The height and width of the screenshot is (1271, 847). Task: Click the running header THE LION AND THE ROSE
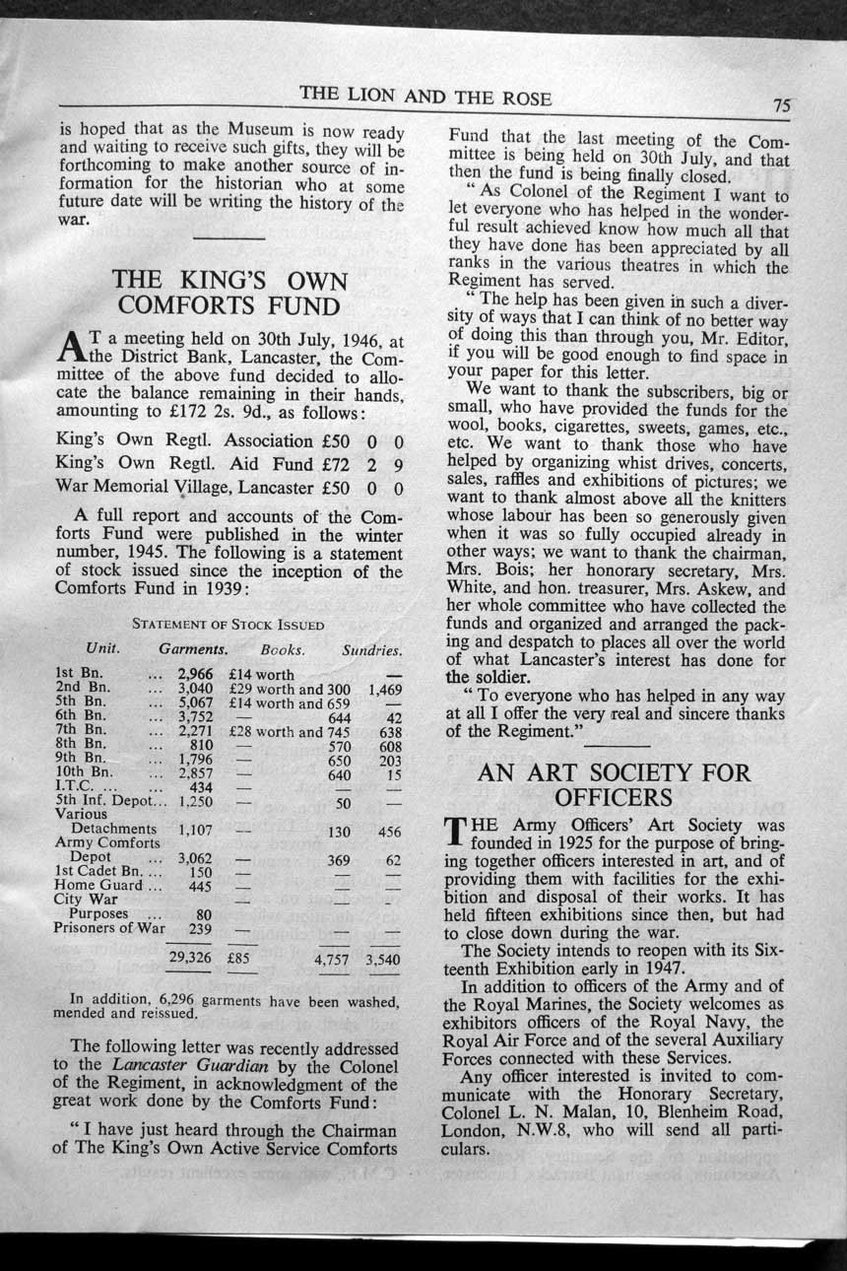tap(425, 97)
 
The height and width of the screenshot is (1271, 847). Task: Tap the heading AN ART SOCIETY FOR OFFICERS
tap(613, 785)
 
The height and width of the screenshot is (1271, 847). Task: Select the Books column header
tap(282, 650)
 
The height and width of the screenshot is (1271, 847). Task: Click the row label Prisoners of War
tap(109, 927)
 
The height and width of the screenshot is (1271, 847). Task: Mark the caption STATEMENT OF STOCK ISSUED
tap(228, 625)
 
